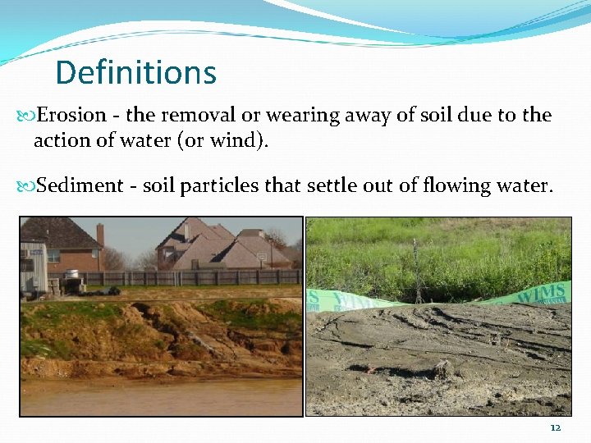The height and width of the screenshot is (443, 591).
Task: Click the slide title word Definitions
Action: click(135, 72)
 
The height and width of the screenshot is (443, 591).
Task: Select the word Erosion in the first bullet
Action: click(72, 115)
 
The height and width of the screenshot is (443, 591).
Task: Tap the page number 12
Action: click(556, 428)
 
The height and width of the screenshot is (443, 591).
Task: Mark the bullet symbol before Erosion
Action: click(27, 116)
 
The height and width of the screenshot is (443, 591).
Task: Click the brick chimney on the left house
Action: click(100, 235)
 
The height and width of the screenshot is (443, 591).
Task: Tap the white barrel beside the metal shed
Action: click(72, 275)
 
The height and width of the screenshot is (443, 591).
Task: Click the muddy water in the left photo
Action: click(156, 398)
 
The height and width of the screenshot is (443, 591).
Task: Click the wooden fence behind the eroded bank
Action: click(205, 277)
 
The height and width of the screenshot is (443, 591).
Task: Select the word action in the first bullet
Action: click(60, 140)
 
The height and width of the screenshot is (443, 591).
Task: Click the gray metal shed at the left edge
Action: click(33, 267)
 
